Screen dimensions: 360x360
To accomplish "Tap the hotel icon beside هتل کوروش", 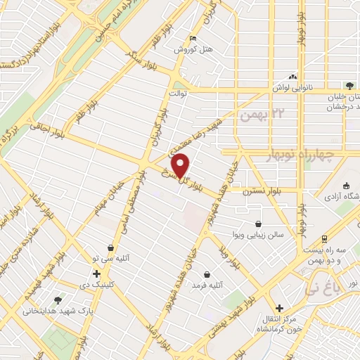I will [193, 39].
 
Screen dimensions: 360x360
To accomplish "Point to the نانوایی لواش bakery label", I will [293, 89].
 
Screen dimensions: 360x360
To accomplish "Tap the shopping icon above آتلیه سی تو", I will [111, 247].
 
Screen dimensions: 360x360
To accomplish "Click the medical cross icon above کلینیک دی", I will [96, 273].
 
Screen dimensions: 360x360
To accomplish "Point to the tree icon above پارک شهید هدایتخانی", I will [58, 299].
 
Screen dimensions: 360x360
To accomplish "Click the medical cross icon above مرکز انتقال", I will [279, 308].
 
